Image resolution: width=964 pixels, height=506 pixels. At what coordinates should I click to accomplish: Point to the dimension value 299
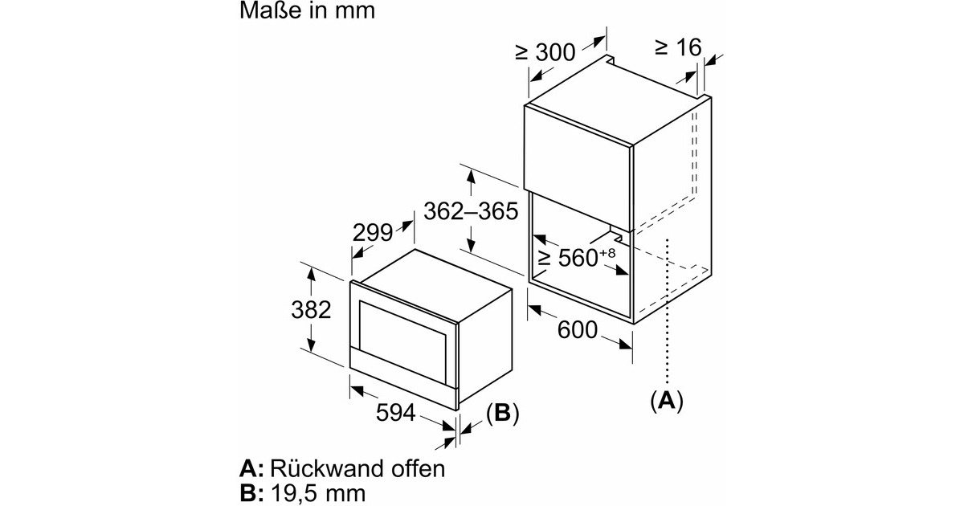(x=372, y=233)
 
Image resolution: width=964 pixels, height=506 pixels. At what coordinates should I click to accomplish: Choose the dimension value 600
(x=576, y=329)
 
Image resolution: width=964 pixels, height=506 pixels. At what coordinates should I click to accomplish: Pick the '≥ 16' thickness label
(x=678, y=47)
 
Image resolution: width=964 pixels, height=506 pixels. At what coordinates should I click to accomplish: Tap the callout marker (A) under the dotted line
(x=667, y=400)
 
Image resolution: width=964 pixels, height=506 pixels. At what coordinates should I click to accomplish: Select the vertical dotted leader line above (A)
(x=667, y=313)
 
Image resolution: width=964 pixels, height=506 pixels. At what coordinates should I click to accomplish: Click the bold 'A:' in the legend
(x=251, y=468)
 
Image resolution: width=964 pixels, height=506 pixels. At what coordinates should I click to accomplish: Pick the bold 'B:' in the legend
(x=251, y=492)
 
